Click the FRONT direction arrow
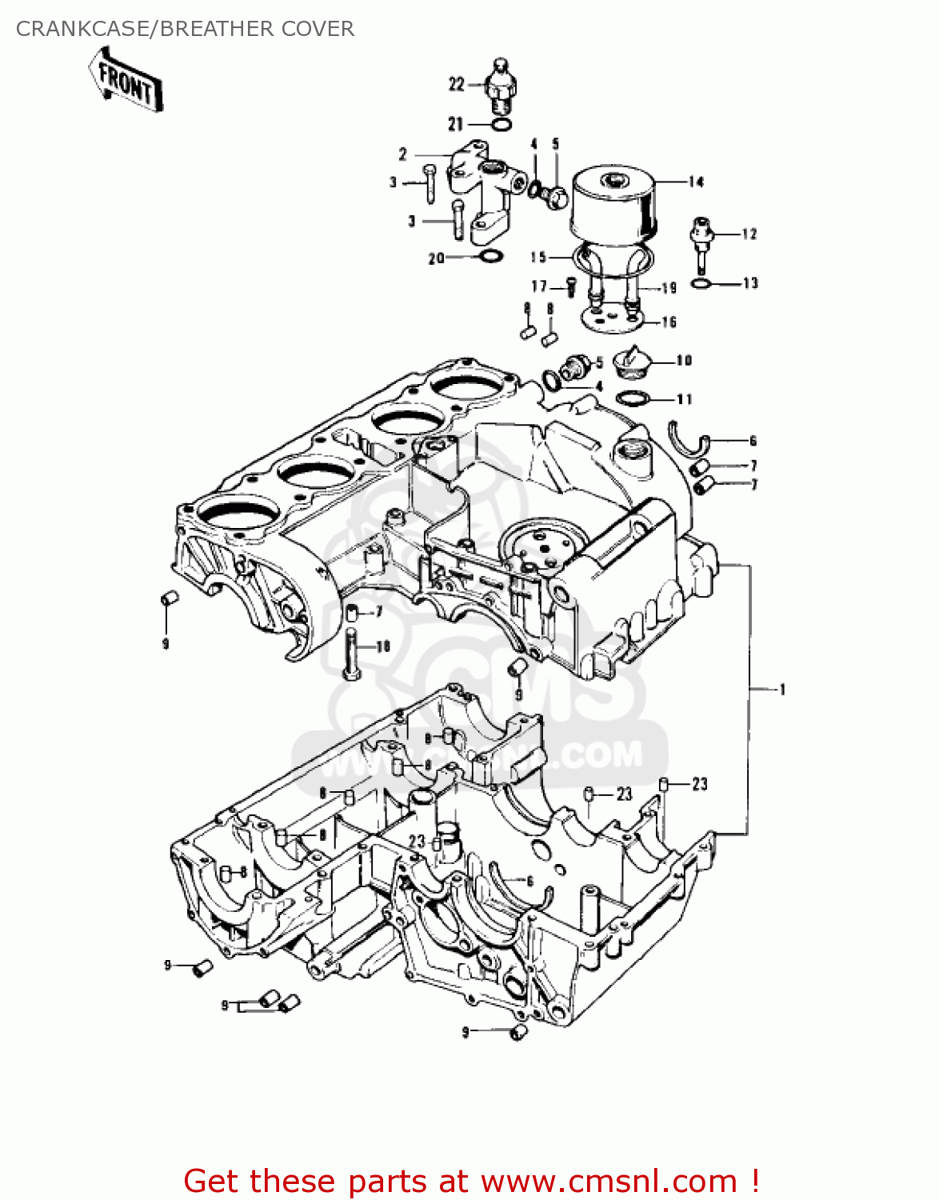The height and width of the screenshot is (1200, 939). (126, 80)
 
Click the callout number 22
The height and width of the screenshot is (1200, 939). (456, 84)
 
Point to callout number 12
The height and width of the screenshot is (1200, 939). (749, 234)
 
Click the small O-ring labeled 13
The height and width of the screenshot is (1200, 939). (700, 284)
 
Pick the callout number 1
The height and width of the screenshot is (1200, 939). (782, 690)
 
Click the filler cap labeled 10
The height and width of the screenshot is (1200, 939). (630, 363)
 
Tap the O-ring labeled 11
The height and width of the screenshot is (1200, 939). (632, 398)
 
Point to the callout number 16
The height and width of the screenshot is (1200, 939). (669, 322)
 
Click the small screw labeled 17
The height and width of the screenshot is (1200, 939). (571, 286)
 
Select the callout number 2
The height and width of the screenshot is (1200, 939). (403, 154)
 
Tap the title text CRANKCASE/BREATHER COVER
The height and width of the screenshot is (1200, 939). (185, 29)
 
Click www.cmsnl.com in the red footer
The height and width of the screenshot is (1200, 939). (609, 1181)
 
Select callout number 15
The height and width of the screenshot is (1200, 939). (537, 257)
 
